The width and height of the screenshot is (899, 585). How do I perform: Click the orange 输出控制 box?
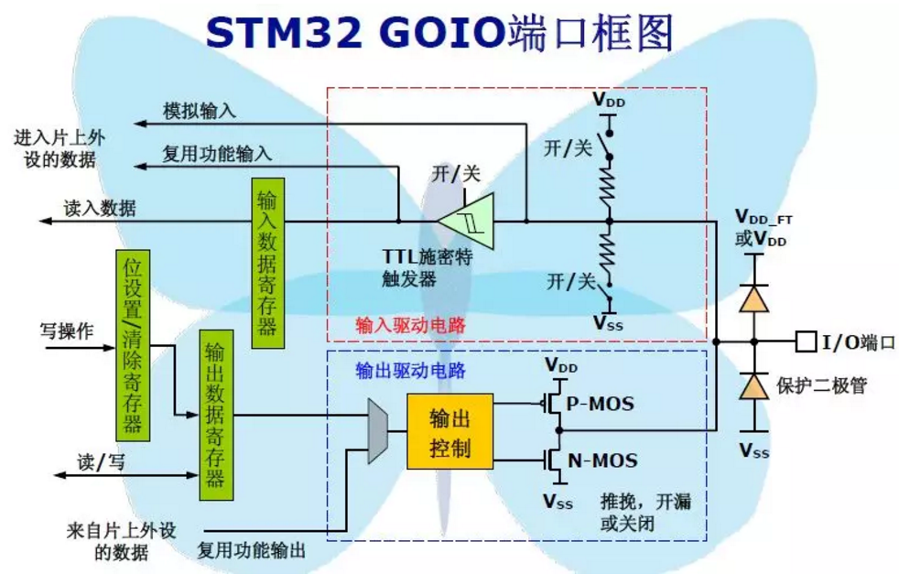tap(449, 432)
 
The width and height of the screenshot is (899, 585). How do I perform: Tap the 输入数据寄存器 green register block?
tap(266, 257)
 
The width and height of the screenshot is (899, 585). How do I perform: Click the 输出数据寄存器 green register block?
tap(215, 416)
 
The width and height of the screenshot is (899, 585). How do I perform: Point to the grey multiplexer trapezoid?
tap(376, 430)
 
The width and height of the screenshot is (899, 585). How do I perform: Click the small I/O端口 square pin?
tap(806, 342)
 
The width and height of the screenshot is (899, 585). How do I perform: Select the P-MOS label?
tap(600, 403)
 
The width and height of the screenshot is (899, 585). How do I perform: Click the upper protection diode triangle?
tap(753, 298)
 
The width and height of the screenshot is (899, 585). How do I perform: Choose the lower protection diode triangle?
tap(753, 385)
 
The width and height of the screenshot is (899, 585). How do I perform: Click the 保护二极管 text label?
tap(820, 385)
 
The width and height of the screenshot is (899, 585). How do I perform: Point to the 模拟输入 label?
tap(200, 111)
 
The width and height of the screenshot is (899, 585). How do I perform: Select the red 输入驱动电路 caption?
tap(396, 325)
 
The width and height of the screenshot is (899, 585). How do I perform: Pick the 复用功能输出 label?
tap(252, 550)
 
